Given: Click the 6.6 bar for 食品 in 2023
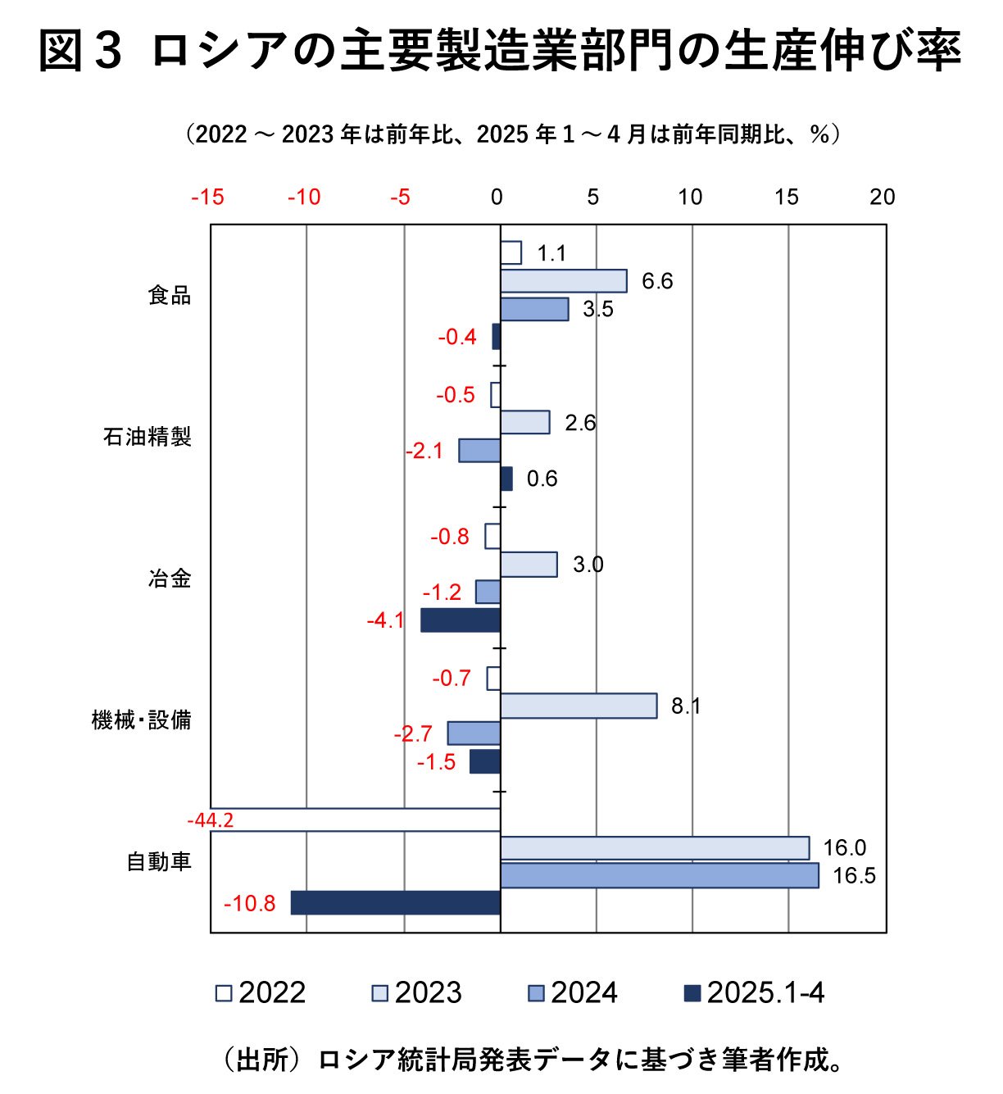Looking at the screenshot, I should [x=564, y=281].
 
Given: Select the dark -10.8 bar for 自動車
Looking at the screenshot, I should [x=396, y=903].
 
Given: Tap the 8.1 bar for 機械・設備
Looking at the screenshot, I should [x=579, y=706].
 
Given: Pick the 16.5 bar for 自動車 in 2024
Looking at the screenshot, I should [x=660, y=875].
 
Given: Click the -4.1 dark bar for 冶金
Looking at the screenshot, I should [x=461, y=620].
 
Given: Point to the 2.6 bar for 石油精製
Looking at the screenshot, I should [x=525, y=422].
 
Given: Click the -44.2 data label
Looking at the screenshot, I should [x=211, y=820].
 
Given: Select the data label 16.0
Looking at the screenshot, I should [x=844, y=847].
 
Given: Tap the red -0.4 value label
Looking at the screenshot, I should [x=457, y=337].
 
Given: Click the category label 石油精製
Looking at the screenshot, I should [x=147, y=437].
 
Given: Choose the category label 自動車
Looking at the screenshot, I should [x=159, y=862].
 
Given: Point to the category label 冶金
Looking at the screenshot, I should [x=170, y=579].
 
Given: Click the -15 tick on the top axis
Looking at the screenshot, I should [x=207, y=197].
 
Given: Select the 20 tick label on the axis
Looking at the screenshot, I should [x=883, y=197].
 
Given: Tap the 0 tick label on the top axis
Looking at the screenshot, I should [x=497, y=197].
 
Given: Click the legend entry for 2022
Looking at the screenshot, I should [x=261, y=993].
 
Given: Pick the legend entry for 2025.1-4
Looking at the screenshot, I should [x=754, y=993].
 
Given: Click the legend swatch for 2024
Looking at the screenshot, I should [x=536, y=993].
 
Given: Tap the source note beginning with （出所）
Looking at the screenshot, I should [x=533, y=1060].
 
